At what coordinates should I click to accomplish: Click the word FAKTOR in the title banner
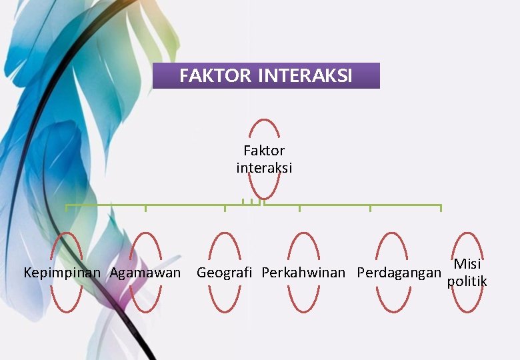[216, 77]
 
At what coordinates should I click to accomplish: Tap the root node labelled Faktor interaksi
[264, 159]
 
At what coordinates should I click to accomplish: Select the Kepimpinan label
[62, 273]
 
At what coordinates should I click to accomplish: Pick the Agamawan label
[145, 273]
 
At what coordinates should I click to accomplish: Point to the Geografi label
[225, 273]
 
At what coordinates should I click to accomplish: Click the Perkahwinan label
[303, 273]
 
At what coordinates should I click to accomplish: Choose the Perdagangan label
[399, 273]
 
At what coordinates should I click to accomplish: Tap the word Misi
[467, 264]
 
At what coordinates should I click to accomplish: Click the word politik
[467, 281]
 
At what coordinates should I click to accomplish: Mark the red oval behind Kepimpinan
[67, 300]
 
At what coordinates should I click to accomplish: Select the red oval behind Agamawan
[145, 300]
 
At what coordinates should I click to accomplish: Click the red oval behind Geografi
[225, 300]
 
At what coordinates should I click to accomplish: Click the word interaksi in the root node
[264, 169]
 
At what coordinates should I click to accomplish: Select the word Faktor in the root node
[264, 151]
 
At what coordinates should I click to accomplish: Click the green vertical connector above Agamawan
[145, 209]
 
